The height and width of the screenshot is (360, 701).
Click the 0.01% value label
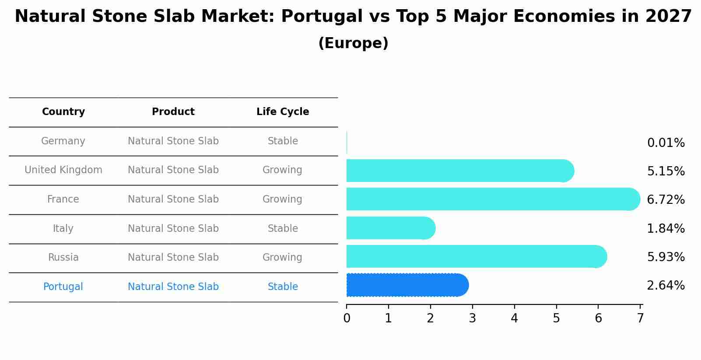pyautogui.click(x=666, y=143)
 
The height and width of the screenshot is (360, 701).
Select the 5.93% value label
pyautogui.click(x=666, y=257)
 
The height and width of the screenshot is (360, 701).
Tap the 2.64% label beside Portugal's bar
pyautogui.click(x=666, y=286)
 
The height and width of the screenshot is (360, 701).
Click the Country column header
pyautogui.click(x=63, y=112)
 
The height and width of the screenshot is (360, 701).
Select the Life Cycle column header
pyautogui.click(x=283, y=112)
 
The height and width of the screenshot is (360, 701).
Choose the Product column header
pyautogui.click(x=173, y=112)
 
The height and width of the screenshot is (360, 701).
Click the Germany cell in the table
pyautogui.click(x=63, y=141)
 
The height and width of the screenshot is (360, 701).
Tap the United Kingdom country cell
pyautogui.click(x=63, y=170)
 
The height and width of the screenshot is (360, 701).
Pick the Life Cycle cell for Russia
pyautogui.click(x=282, y=258)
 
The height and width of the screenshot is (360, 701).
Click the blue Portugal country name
pyautogui.click(x=63, y=287)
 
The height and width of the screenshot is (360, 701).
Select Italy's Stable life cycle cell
pyautogui.click(x=283, y=229)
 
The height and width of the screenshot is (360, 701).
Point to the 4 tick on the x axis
pyautogui.click(x=514, y=318)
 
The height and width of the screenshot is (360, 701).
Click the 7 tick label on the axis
pyautogui.click(x=640, y=318)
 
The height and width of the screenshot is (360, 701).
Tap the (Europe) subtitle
pyautogui.click(x=353, y=43)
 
